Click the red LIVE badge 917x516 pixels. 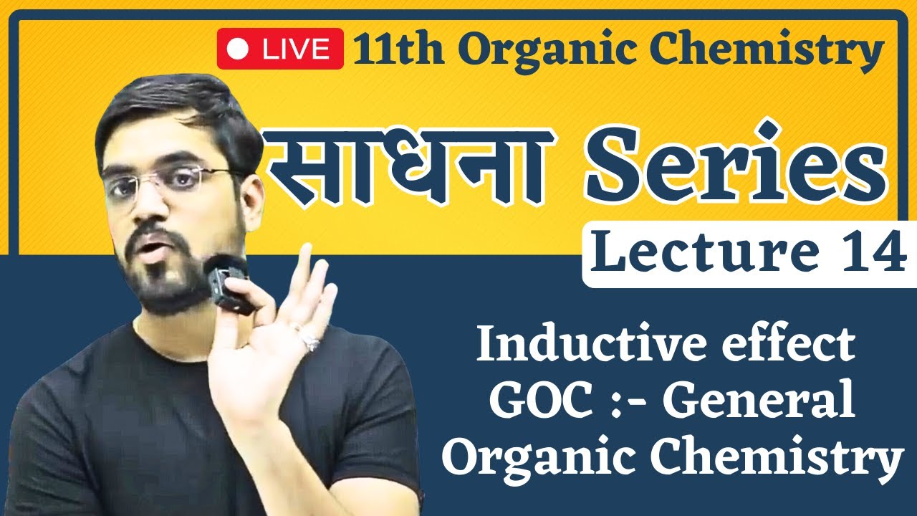[x=279, y=49]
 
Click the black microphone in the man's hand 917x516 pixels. [x=229, y=284]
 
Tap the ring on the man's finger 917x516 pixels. [x=310, y=343]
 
